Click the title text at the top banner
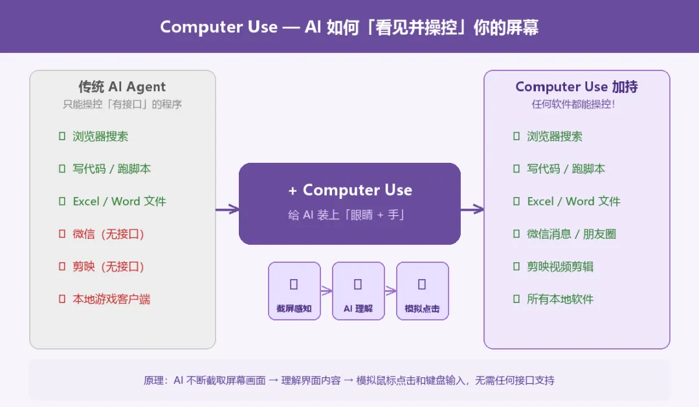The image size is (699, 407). tap(349, 27)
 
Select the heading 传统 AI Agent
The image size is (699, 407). tap(122, 87)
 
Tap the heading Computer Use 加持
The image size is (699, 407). tap(577, 87)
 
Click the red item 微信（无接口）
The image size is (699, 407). tap(108, 234)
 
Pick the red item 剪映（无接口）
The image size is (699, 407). tap(108, 266)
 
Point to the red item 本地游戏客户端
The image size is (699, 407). tap(111, 299)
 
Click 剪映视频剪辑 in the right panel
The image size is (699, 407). tap(560, 266)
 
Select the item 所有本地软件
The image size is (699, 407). tap(560, 299)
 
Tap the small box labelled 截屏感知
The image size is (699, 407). tap(294, 291)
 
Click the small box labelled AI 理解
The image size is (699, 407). tap(358, 291)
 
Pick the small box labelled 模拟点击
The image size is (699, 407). tap(422, 291)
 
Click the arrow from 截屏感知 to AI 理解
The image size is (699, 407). tap(326, 291)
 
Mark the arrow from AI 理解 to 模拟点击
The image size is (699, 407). tap(390, 291)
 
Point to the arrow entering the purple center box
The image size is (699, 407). tap(227, 209)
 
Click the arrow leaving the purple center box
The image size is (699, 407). tap(472, 209)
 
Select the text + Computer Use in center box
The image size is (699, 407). tap(349, 190)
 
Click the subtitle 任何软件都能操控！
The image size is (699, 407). tap(573, 104)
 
